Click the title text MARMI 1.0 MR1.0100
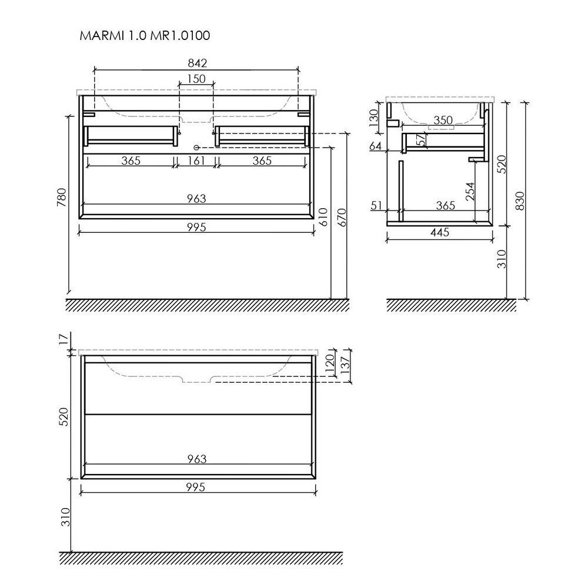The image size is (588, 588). point(145,36)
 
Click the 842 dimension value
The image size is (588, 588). point(197,63)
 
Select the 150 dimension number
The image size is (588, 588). point(196,79)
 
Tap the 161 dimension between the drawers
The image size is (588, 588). point(196,161)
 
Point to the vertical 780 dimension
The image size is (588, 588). point(62,197)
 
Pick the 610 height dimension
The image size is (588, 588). point(324,217)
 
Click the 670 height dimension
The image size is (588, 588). point(342,218)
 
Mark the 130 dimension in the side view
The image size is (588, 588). point(374,118)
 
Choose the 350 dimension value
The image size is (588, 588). point(443,121)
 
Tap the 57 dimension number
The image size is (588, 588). point(422,140)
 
